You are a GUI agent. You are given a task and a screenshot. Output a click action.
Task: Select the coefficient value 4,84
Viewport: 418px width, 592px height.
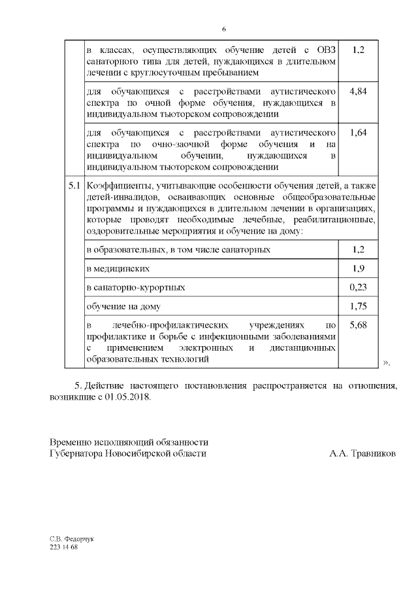pos(358,92)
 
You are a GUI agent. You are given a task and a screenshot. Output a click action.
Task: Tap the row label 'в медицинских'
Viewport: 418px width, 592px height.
pos(118,268)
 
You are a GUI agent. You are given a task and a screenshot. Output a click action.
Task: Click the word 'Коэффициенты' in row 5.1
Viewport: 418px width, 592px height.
pos(117,186)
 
